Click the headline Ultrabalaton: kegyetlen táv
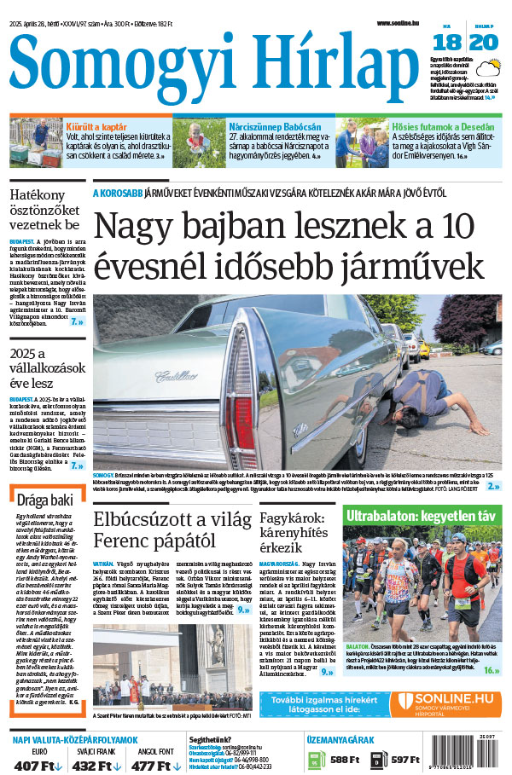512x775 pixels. point(422,515)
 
